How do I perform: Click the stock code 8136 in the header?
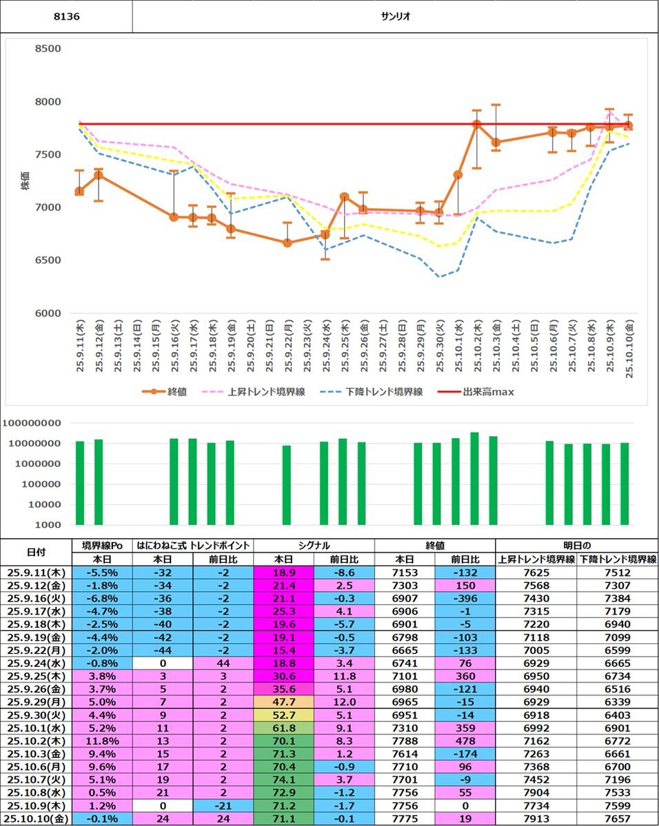pos(66,16)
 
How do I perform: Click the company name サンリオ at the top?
pos(395,16)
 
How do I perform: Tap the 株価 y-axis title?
pos(26,181)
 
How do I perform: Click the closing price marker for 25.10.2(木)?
pos(476,125)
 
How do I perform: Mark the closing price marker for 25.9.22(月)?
pos(287,242)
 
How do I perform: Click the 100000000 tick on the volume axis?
pos(32,423)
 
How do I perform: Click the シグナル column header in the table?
pos(314,546)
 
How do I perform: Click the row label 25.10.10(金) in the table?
pos(37,819)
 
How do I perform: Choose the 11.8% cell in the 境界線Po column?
pos(102,741)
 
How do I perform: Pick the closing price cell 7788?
pos(405,741)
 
